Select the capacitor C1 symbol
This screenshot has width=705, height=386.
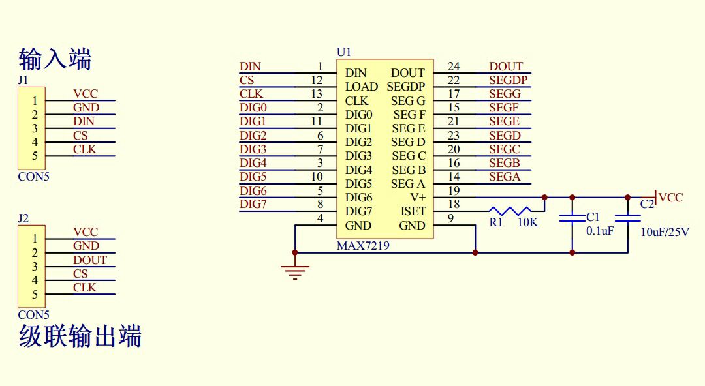(572, 219)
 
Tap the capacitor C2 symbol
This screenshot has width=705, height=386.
(628, 219)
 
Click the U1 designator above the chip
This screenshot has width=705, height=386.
(343, 52)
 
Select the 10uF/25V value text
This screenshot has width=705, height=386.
(665, 232)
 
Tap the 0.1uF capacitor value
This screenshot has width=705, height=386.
(600, 231)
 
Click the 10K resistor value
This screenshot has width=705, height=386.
(527, 222)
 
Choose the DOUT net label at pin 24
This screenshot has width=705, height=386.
(506, 66)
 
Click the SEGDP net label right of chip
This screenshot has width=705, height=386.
(508, 80)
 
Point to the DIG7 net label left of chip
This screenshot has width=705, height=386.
(253, 205)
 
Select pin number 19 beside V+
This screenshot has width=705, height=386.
(454, 190)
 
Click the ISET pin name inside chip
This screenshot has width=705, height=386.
(413, 211)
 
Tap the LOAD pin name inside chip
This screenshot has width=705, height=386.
(361, 87)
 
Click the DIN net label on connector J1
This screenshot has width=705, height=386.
(84, 121)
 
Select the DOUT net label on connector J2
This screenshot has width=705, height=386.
(89, 260)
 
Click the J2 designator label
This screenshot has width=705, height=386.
(23, 218)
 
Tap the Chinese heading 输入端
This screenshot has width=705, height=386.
(55, 59)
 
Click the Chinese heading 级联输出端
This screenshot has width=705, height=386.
(80, 337)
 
